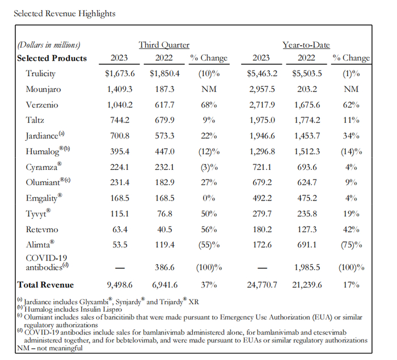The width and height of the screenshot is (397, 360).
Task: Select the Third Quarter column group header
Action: pos(164,45)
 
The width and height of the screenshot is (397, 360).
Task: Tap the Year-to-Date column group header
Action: pos(306,45)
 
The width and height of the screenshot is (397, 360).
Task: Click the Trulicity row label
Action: pos(41,74)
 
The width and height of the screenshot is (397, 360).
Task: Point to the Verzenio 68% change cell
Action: pos(209,105)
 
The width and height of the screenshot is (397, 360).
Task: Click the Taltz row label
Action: pos(36,120)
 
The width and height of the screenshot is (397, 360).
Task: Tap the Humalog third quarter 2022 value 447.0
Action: pos(166,152)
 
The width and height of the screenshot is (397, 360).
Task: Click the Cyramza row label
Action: pos(41,168)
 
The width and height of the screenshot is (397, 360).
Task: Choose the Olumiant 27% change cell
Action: pos(209,183)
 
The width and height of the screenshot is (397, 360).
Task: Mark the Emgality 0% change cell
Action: pos(209,199)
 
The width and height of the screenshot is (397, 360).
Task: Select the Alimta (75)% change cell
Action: pos(351,245)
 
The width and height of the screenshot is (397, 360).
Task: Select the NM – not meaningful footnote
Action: pos(48,347)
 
